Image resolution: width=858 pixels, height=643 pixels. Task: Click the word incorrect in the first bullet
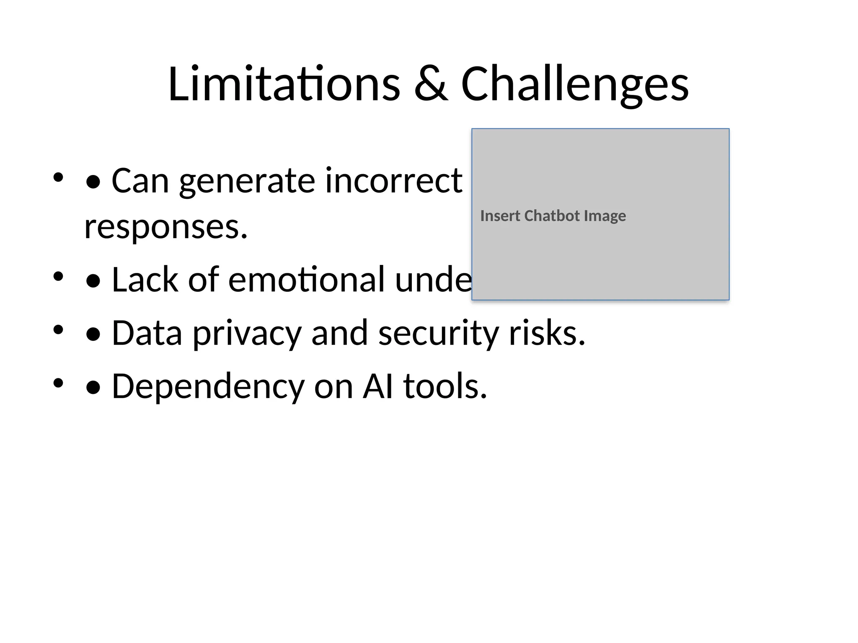coord(393,180)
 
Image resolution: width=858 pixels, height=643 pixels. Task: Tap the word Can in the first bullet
coord(140,180)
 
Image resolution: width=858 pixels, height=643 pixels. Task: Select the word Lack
coord(145,279)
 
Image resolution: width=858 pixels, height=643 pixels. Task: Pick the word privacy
coord(247,334)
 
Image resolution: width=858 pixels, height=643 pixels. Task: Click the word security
coord(439,334)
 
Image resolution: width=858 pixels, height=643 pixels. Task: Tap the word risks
coord(547,333)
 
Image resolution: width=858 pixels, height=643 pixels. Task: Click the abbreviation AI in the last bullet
coord(378,386)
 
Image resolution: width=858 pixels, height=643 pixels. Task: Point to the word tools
coord(445,386)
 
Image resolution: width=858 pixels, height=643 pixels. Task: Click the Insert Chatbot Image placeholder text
coord(553,216)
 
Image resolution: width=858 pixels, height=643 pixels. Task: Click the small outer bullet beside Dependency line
coord(58,383)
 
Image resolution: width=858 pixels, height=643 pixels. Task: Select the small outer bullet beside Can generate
coord(58,177)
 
